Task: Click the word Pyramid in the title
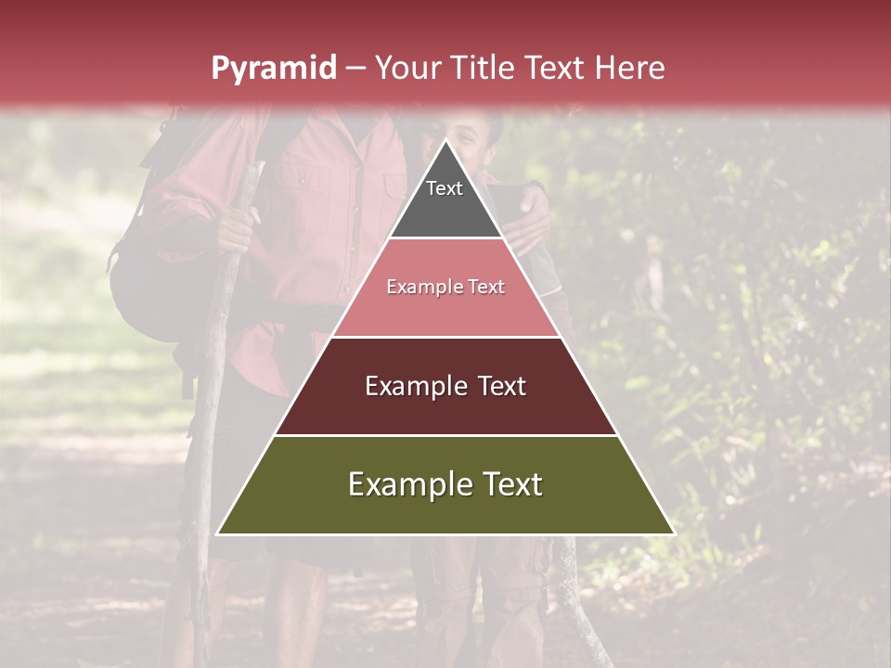273,69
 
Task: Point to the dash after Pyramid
355,69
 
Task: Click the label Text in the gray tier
445,188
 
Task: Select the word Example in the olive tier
407,484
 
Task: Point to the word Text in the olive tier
512,484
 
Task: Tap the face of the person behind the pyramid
477,139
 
